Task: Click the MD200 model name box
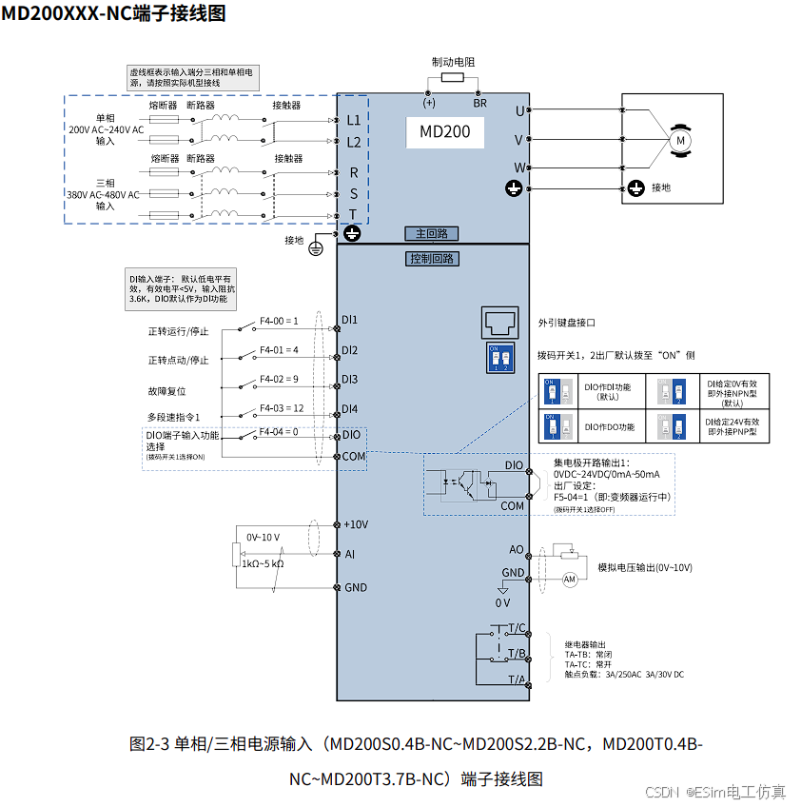[x=445, y=131]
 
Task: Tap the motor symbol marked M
[x=680, y=140]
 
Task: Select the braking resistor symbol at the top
[x=452, y=78]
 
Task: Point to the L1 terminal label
[x=353, y=121]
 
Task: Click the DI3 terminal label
[x=350, y=379]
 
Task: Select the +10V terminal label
[x=356, y=524]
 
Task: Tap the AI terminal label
[x=349, y=553]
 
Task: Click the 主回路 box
[x=432, y=234]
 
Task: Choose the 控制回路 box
[x=432, y=259]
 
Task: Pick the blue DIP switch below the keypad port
[x=499, y=359]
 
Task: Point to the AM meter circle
[x=571, y=579]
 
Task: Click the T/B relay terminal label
[x=517, y=654]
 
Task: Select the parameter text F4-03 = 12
[x=282, y=408]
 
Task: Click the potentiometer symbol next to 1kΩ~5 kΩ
[x=234, y=554]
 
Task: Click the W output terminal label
[x=519, y=167]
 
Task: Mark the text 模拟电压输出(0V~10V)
[x=644, y=567]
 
